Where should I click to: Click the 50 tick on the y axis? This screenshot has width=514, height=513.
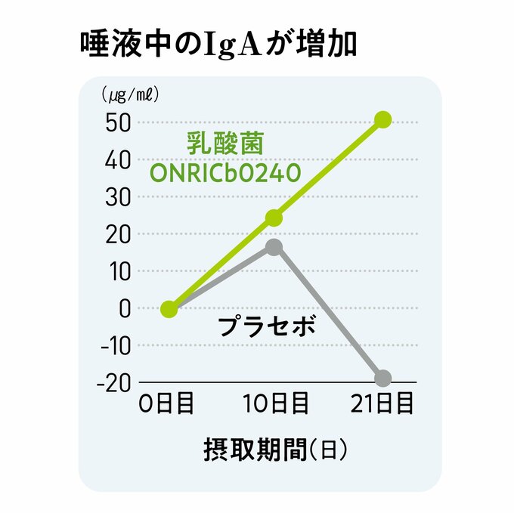pos(119,122)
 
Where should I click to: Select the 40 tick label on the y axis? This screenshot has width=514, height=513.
pos(119,159)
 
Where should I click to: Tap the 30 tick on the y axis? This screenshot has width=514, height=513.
pos(119,196)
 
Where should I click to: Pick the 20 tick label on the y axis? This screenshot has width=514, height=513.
pos(119,233)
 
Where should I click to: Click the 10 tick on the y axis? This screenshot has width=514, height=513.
pos(119,270)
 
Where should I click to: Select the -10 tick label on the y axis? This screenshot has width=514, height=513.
pos(114,345)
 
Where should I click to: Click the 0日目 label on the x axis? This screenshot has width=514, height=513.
pos(166,404)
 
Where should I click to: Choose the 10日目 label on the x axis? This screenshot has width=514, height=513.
pos(275,404)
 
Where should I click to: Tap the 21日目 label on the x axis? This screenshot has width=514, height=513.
pos(382,404)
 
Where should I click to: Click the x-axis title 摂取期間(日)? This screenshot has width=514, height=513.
pos(274,450)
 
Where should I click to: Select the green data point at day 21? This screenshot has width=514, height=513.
pos(383,120)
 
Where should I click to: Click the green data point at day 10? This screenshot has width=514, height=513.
pos(274,218)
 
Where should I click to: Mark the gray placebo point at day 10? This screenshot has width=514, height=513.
pos(274,247)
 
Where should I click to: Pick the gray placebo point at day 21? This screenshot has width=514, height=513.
pos(383,378)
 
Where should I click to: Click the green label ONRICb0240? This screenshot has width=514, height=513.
pos(225,172)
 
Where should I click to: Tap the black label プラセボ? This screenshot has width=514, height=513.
pos(265,327)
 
